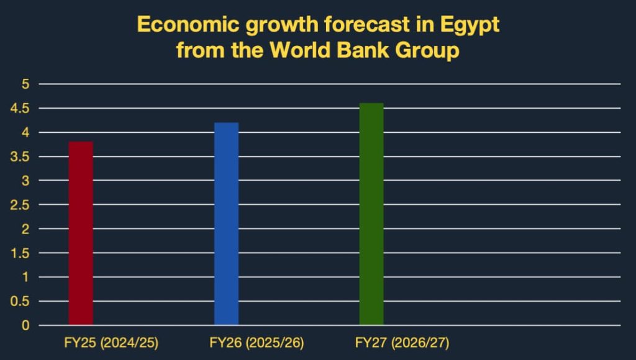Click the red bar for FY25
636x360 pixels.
81,233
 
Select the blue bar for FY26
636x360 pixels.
226,223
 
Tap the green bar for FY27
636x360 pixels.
371,214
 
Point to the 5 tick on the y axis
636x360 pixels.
25,84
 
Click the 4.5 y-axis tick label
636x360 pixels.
21,108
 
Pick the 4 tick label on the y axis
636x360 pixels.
25,132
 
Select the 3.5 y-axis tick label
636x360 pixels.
21,156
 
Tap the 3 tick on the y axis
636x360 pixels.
25,181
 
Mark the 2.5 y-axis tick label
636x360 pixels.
21,205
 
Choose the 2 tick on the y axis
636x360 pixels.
25,229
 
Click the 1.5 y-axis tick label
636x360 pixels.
21,253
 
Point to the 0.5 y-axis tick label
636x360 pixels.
21,301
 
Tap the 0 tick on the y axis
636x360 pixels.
25,325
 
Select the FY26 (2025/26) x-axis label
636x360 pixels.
257,343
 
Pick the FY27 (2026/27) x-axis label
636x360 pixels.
402,343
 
